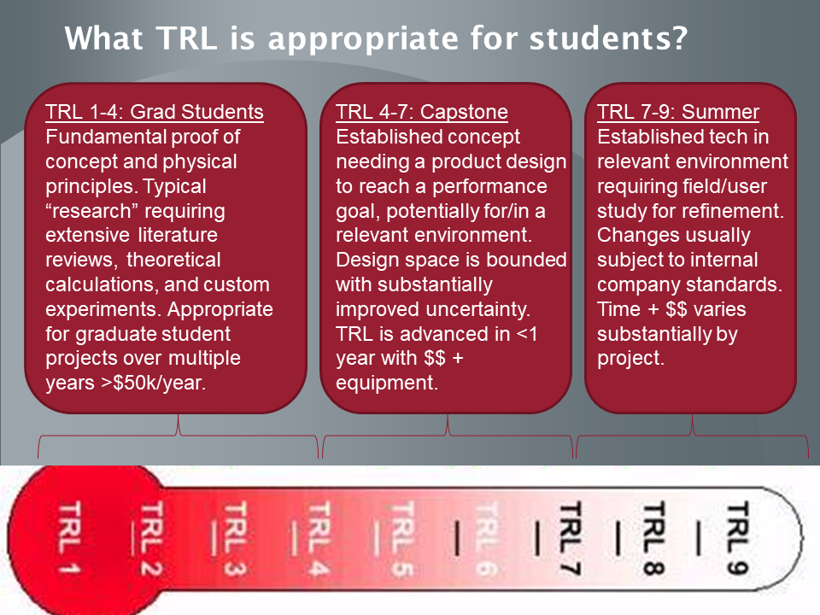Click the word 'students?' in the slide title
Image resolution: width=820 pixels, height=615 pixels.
tap(608, 38)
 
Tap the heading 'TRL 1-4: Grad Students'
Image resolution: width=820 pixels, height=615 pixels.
tap(155, 112)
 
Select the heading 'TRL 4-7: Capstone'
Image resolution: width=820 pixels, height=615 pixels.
tap(421, 112)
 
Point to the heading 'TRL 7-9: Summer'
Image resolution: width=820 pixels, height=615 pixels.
tap(677, 112)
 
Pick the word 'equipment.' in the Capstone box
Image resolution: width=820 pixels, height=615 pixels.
tap(386, 383)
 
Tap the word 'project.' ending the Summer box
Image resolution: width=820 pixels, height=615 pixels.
tap(630, 358)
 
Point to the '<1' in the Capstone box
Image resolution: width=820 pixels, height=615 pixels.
tap(527, 334)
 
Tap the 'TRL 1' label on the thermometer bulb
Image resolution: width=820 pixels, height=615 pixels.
tap(69, 537)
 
